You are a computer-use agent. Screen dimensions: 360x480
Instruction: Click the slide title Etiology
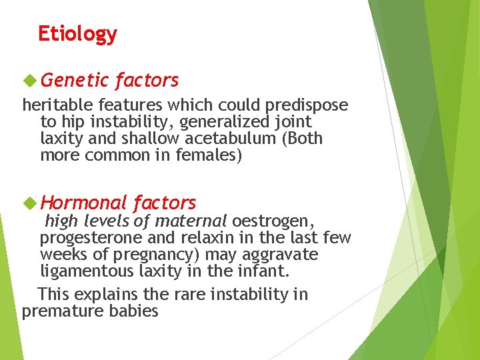tap(77, 33)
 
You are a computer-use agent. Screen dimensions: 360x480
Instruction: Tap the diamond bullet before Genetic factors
tap(29, 80)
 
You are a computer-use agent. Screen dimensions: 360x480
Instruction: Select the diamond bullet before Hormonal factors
tap(29, 203)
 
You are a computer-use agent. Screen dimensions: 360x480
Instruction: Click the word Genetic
tap(74, 81)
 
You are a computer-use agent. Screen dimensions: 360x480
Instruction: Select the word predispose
tap(307, 105)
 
